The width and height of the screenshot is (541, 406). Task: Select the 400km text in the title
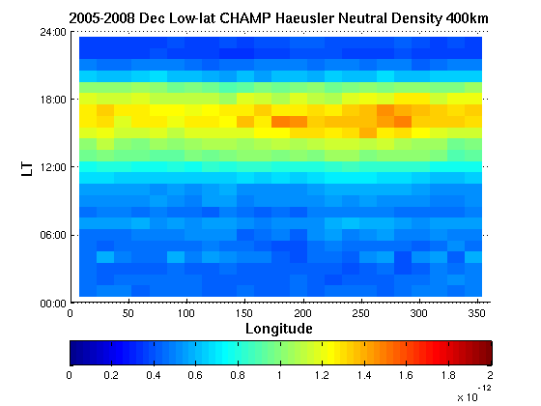pyautogui.click(x=468, y=18)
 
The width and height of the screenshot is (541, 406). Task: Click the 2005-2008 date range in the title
pyautogui.click(x=101, y=18)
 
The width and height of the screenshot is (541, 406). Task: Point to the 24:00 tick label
pyautogui.click(x=53, y=32)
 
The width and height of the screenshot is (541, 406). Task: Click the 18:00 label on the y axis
pyautogui.click(x=53, y=100)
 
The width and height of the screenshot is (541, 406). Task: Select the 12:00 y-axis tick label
pyautogui.click(x=53, y=167)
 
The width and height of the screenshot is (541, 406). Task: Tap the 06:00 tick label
pyautogui.click(x=53, y=236)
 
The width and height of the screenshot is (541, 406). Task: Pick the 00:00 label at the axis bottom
pyautogui.click(x=53, y=304)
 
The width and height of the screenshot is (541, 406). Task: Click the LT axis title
pyautogui.click(x=27, y=169)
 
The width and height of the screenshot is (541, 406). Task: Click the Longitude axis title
pyautogui.click(x=279, y=329)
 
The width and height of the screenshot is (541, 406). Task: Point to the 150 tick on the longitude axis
pyautogui.click(x=244, y=313)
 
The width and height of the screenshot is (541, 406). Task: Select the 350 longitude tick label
pyautogui.click(x=477, y=313)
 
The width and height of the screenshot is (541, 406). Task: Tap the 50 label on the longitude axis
pyautogui.click(x=128, y=313)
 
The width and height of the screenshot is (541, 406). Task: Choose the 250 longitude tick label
pyautogui.click(x=361, y=313)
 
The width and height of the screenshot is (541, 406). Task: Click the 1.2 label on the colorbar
pyautogui.click(x=322, y=375)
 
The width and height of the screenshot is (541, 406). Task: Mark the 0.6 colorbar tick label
pyautogui.click(x=195, y=375)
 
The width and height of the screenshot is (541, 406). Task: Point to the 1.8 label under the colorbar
pyautogui.click(x=448, y=375)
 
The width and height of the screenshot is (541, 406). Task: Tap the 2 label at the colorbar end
pyautogui.click(x=491, y=375)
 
